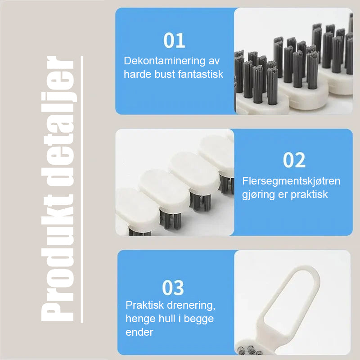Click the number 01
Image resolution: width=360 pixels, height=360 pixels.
(174, 40)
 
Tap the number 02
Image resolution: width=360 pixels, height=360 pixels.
(294, 160)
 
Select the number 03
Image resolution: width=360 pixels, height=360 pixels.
(173, 288)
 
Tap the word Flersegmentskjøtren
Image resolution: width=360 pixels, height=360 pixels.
(291, 181)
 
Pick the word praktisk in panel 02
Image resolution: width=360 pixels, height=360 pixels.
(309, 195)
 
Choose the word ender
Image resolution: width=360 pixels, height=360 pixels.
(139, 332)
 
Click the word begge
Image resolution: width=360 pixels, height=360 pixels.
(198, 319)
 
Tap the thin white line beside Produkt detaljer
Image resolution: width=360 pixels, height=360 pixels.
(82, 189)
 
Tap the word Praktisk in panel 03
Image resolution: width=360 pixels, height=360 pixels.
(144, 306)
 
